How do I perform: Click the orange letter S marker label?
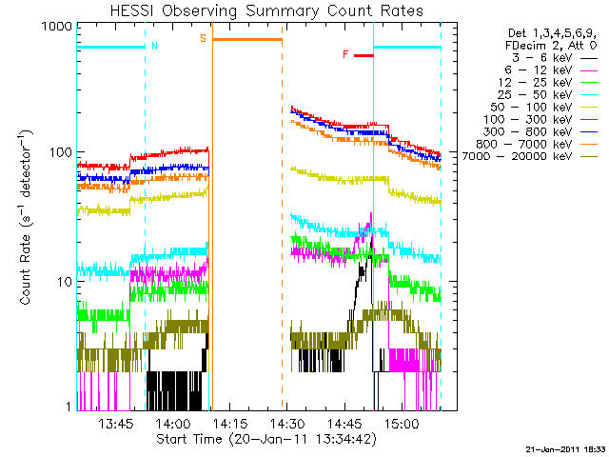click(202, 38)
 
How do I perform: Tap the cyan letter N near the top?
click(155, 46)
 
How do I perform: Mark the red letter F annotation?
click(345, 55)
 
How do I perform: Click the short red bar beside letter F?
click(363, 55)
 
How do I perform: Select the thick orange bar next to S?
click(246, 39)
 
